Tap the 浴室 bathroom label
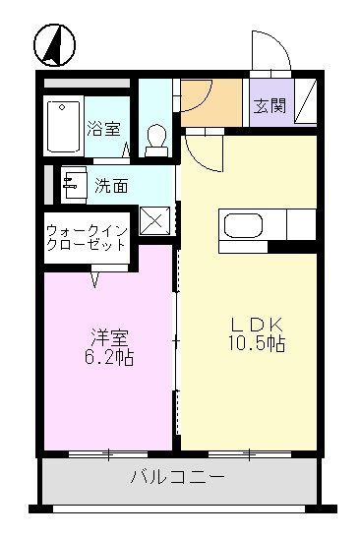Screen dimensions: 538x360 pos(102,127)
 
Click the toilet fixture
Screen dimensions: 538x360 pos(155,138)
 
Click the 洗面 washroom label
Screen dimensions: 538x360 pos(111,184)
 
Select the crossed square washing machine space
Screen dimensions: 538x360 pos(155,220)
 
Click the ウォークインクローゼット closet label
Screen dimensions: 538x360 pos(86,239)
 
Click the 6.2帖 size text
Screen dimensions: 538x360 pos(107,357)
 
